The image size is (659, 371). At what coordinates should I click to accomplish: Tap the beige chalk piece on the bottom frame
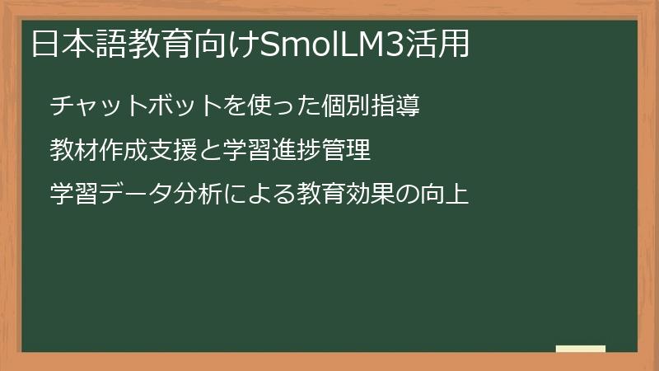click(581, 349)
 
